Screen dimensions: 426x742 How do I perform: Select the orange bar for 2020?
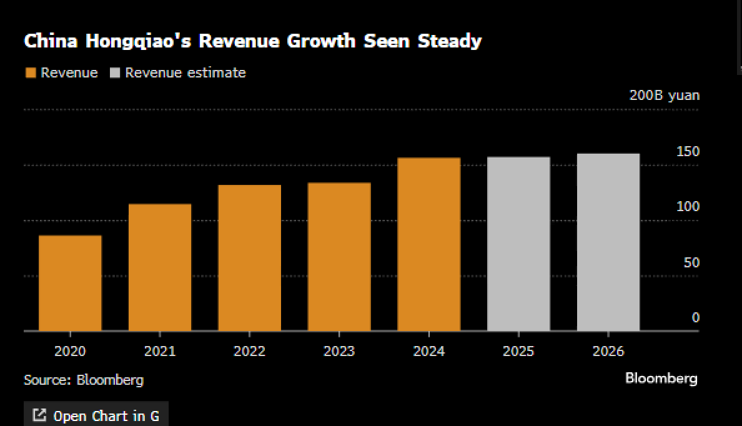pyautogui.click(x=70, y=283)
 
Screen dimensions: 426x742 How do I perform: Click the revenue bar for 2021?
pyautogui.click(x=160, y=267)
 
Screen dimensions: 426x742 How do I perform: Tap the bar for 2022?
pyautogui.click(x=249, y=258)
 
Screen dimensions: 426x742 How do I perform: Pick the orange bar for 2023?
pyautogui.click(x=339, y=257)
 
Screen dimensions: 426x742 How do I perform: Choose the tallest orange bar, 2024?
pyautogui.click(x=429, y=244)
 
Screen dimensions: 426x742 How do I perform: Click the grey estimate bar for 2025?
pyautogui.click(x=518, y=244)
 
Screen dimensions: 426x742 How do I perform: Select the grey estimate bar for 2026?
pyautogui.click(x=608, y=242)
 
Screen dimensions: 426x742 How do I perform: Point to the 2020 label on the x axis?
pyautogui.click(x=70, y=352)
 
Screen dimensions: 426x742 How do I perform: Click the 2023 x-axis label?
pyautogui.click(x=339, y=352)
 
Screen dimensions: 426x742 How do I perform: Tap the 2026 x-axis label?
pyautogui.click(x=608, y=352)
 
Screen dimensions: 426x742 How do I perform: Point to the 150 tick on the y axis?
pyautogui.click(x=688, y=152)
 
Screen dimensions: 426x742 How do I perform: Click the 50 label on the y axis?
pyautogui.click(x=691, y=263)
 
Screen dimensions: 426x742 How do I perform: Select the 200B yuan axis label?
pyautogui.click(x=665, y=96)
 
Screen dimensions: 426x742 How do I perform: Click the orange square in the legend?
pyautogui.click(x=30, y=73)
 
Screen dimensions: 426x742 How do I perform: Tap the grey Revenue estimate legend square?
pyautogui.click(x=114, y=73)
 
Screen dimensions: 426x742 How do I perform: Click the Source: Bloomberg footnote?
pyautogui.click(x=84, y=380)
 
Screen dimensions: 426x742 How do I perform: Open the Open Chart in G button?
pyautogui.click(x=96, y=415)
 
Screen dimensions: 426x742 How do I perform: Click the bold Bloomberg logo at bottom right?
pyautogui.click(x=661, y=379)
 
